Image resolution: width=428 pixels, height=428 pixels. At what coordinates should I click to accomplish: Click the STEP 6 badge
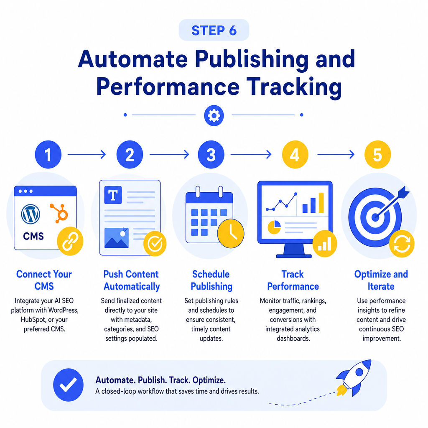pos(214,30)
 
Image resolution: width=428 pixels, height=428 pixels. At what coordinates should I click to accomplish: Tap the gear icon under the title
pos(214,115)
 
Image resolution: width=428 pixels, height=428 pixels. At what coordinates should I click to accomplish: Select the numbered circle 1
pos(48,155)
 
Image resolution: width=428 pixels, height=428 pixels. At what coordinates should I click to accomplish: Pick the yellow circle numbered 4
pos(295,155)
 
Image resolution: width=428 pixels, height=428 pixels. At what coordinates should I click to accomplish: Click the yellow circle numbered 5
pos(378,155)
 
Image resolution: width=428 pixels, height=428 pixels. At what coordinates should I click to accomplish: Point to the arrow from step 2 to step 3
pos(169,155)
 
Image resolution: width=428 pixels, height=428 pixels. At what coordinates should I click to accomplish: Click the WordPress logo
pos(31,214)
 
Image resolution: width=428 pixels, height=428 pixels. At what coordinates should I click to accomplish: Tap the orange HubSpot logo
pos(59,213)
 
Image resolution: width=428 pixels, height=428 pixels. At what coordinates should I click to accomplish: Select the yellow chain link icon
pos(70,241)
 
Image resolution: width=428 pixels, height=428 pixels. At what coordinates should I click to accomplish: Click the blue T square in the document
pos(113,195)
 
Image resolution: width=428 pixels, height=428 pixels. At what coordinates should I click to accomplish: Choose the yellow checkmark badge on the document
pos(155,244)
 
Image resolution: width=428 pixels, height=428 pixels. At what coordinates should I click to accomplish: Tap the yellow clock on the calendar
pos(231,233)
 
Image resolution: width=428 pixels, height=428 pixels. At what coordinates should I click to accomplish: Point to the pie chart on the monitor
pos(274,227)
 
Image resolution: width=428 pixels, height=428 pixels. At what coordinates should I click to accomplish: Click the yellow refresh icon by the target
pos(402,244)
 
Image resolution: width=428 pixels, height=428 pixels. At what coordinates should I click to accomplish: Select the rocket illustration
pos(354,377)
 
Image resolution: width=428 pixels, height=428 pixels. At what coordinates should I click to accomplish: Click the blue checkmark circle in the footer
pos(68,385)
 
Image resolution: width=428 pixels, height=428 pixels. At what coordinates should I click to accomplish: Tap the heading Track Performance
pos(293,280)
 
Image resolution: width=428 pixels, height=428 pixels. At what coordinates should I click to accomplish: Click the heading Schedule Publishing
pos(211,280)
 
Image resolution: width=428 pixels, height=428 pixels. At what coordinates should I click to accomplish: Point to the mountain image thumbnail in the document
pos(117,238)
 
